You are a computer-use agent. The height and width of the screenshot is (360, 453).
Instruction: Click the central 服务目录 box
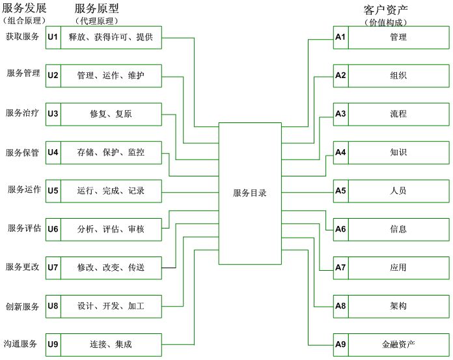250,193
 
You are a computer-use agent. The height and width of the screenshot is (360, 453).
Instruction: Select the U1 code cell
53,37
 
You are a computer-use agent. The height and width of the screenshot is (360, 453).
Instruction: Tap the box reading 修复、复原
111,114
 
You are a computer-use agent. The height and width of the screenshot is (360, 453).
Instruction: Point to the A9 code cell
340,344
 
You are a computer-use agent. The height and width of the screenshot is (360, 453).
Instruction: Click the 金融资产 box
398,344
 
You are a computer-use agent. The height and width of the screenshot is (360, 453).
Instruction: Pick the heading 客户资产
385,10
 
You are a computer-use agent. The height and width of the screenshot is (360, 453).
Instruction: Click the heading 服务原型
97,9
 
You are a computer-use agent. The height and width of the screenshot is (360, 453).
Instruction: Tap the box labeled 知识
398,152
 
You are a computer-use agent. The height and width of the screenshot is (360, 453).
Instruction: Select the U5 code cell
53,191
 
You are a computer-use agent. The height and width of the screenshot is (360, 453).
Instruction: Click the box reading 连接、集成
111,344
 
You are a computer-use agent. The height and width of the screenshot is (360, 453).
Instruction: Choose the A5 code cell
340,191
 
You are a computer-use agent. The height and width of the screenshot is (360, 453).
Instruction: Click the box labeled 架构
398,306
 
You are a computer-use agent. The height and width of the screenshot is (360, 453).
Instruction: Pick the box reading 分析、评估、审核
111,229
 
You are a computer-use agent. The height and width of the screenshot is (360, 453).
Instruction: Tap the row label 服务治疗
22,113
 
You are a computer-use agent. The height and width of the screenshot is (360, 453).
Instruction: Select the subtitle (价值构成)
387,22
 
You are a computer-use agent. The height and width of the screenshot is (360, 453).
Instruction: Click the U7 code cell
53,268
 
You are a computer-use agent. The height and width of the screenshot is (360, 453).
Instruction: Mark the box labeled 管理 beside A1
398,37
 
